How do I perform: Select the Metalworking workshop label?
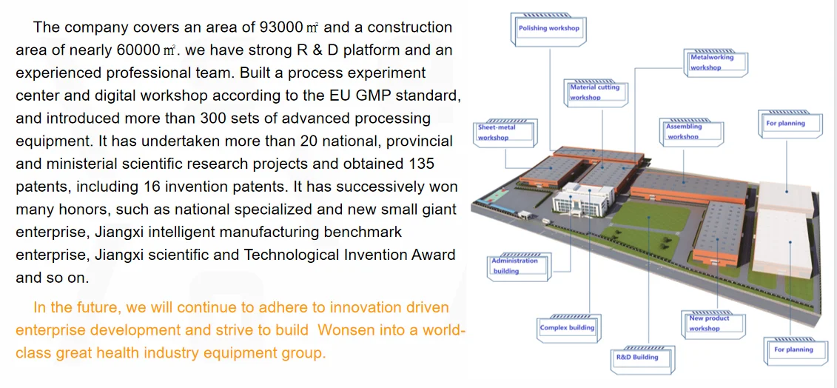coord(716,62)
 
